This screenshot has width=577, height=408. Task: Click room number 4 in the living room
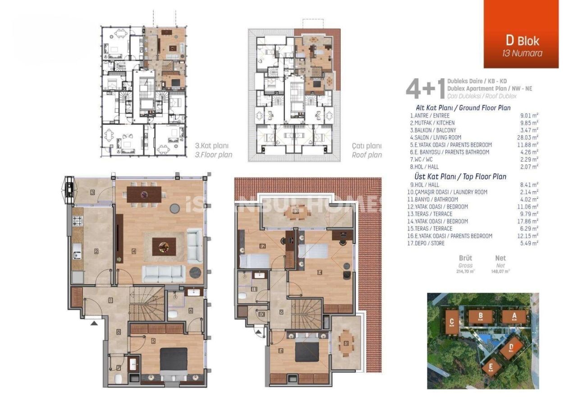pyautogui.click(x=134, y=251)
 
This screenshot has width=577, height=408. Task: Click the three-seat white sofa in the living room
pyautogui.click(x=164, y=273)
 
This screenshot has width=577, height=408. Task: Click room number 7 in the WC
pyautogui.click(x=119, y=368)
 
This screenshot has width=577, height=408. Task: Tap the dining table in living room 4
pyautogui.click(x=144, y=195)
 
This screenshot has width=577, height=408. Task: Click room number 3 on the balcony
pyautogui.click(x=92, y=193)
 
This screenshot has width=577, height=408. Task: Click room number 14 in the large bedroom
pyautogui.click(x=320, y=272)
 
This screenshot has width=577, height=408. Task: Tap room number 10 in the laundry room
pyautogui.click(x=261, y=314)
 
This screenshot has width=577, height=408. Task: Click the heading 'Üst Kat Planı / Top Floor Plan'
pyautogui.click(x=460, y=177)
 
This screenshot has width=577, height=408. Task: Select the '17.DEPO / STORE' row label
pyautogui.click(x=427, y=243)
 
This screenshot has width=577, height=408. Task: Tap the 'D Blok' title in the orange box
pyautogui.click(x=522, y=40)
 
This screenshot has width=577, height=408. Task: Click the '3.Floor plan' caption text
pyautogui.click(x=214, y=155)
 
